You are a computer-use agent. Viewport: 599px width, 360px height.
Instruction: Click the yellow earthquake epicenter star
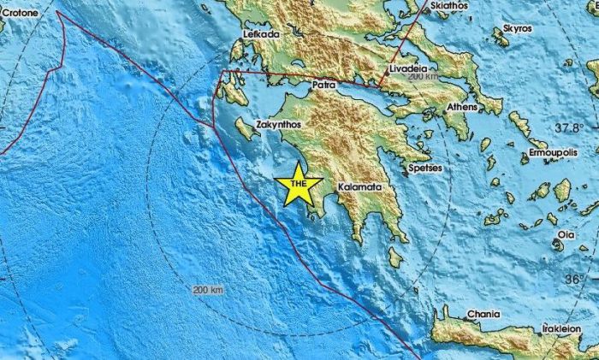point(299,185)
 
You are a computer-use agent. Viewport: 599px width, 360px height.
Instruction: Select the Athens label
point(464,108)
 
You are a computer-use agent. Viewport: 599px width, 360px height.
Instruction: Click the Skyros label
point(517,28)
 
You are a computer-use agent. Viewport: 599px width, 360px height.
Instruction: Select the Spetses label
point(425,168)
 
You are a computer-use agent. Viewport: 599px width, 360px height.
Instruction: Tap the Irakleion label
point(562,328)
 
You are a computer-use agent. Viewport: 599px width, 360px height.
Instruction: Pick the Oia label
point(566,233)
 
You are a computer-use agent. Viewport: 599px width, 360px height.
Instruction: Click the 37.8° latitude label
point(567,127)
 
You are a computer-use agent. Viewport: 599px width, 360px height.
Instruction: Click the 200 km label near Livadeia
point(424,77)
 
